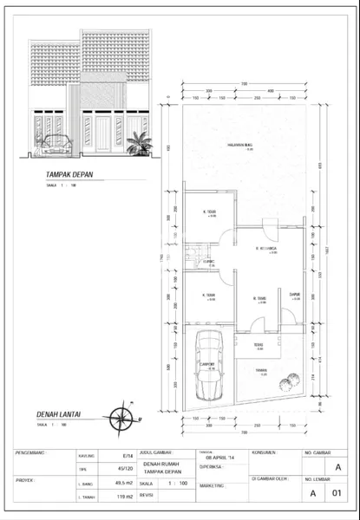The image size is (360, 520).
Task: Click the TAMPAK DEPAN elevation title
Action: [x=70, y=183]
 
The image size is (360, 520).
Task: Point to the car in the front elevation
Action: [x=56, y=146]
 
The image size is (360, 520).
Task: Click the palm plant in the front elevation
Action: [x=136, y=144]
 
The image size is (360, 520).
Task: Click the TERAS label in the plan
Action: [x=259, y=345]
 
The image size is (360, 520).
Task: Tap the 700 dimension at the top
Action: [x=245, y=83]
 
